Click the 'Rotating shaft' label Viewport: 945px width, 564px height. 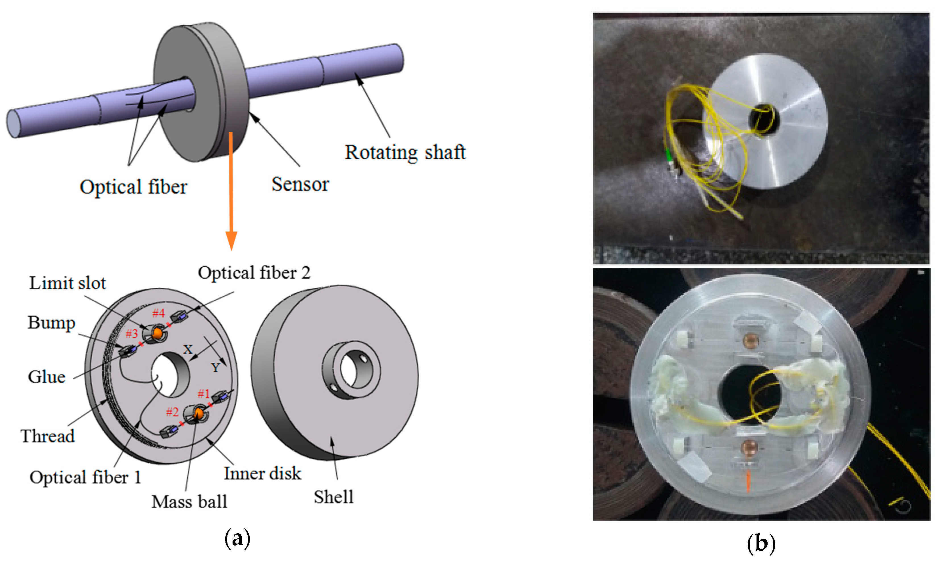[x=405, y=153]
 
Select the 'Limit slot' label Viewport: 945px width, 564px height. [x=67, y=283]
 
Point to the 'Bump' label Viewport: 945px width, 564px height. [x=51, y=323]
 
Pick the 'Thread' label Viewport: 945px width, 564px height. [x=47, y=436]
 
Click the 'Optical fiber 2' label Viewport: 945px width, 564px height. [x=254, y=273]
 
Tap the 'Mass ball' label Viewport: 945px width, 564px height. [x=189, y=502]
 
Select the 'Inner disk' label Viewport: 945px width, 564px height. [x=262, y=473]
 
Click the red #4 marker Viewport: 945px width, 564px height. [x=158, y=313]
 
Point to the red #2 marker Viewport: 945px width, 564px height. [x=172, y=411]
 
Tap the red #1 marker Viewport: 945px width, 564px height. [x=204, y=394]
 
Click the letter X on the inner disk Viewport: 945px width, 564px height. [x=188, y=349]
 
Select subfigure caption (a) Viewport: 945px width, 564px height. [x=237, y=538]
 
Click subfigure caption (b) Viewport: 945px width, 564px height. [x=761, y=544]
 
